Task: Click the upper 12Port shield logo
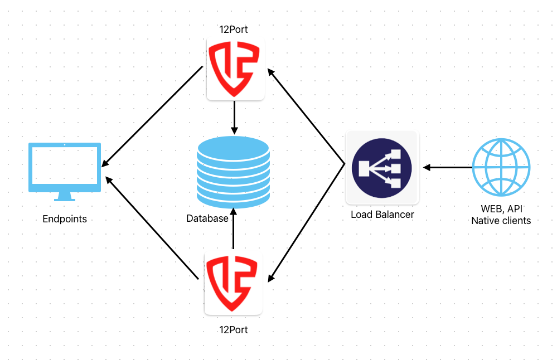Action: (x=235, y=70)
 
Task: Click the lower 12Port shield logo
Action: (x=233, y=284)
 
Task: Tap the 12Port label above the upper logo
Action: (x=234, y=30)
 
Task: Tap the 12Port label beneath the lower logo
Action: (x=234, y=330)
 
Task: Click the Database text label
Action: (x=207, y=218)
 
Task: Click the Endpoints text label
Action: (x=65, y=219)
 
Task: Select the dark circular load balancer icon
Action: (x=382, y=167)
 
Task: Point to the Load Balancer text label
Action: (x=382, y=215)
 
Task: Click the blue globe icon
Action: (x=501, y=167)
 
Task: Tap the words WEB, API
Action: (x=501, y=210)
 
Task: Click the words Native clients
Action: (x=501, y=221)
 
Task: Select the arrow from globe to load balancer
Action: (x=447, y=167)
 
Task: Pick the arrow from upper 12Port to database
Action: (x=235, y=118)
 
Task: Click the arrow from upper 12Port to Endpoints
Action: (x=152, y=116)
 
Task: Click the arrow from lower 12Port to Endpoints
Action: (x=152, y=228)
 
